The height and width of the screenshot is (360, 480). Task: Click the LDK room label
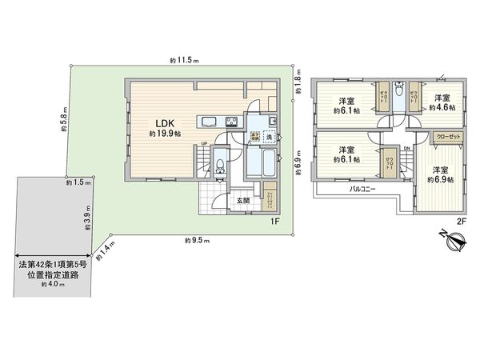tap(155, 124)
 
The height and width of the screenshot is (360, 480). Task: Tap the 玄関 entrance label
tap(242, 199)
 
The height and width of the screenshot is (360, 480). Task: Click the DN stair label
tap(407, 148)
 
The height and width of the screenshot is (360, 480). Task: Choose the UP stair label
tap(204, 144)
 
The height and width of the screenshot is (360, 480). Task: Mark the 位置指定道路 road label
tap(51, 277)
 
